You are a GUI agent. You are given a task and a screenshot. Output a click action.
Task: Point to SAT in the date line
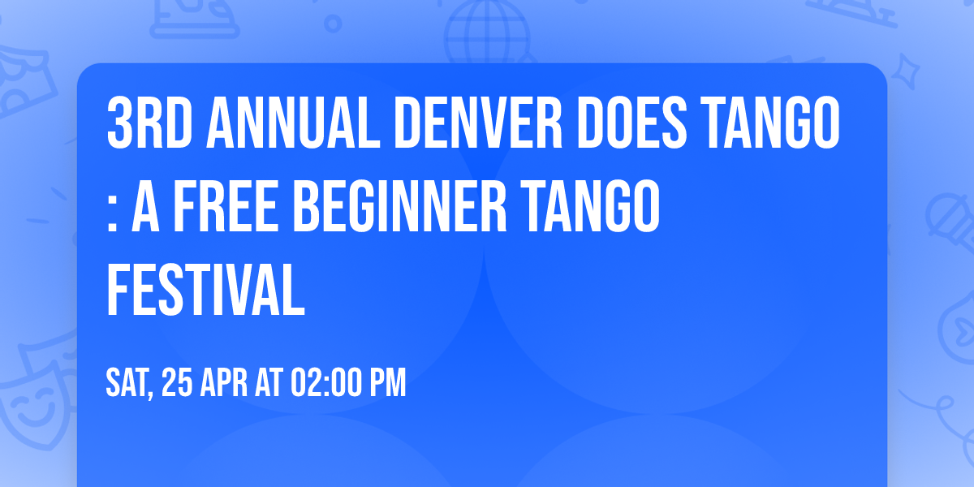tap(128, 383)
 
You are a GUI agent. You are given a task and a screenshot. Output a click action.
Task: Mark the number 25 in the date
tap(178, 382)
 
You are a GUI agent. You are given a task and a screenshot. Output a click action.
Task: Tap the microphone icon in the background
tap(946, 215)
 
